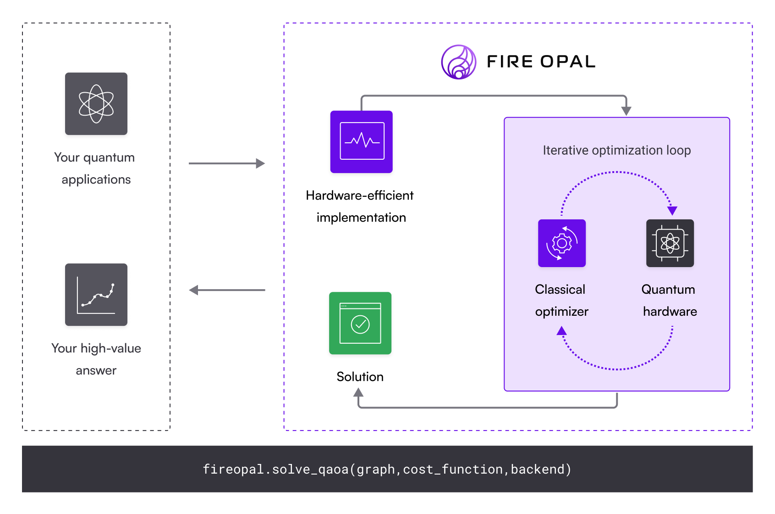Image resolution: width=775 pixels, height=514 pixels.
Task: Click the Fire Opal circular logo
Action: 458,62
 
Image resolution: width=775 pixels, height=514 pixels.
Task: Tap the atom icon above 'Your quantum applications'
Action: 96,104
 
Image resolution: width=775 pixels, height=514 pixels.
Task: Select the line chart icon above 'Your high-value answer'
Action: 96,295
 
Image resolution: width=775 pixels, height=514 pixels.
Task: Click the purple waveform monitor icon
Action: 362,141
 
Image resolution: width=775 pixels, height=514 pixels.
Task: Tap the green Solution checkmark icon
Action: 360,323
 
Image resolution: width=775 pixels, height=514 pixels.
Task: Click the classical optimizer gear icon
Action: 562,243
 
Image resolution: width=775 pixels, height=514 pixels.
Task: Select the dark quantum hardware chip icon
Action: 670,243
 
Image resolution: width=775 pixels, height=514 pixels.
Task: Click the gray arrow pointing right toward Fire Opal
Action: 227,163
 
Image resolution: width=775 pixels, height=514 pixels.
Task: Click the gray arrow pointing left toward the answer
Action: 227,290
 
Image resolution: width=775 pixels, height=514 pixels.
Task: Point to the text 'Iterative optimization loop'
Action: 616,151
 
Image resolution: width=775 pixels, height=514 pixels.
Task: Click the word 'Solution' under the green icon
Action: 360,377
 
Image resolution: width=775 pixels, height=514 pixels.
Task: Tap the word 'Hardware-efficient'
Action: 360,196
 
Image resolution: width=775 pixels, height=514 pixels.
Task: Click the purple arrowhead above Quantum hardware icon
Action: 672,211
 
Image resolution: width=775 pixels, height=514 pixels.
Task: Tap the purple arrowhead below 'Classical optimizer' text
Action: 562,330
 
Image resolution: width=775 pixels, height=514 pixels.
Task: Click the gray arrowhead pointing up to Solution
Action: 358,392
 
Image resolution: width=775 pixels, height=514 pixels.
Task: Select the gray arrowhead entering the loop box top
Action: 627,111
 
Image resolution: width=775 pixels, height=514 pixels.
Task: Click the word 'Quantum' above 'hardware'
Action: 668,290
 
